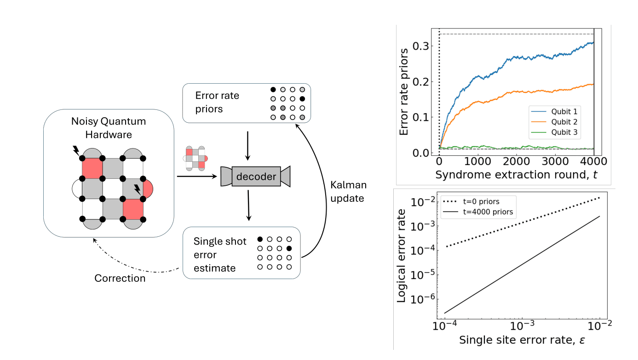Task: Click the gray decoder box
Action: [x=255, y=177]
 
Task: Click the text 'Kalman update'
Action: [x=348, y=192]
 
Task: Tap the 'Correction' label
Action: [x=120, y=278]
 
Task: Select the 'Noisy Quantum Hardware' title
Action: [x=109, y=128]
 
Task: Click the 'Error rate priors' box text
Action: [x=217, y=103]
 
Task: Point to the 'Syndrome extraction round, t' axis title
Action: [x=516, y=175]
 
